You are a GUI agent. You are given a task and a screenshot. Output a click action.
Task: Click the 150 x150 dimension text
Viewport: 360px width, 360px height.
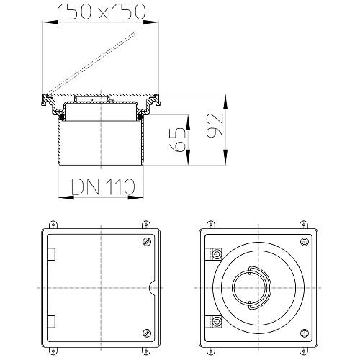[x=101, y=12]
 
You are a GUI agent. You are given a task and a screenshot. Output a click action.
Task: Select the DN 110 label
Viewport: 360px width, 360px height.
[x=103, y=186]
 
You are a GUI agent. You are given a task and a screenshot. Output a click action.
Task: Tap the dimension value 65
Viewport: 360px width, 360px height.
[x=177, y=140]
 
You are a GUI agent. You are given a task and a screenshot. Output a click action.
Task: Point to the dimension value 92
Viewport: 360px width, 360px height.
[x=215, y=125]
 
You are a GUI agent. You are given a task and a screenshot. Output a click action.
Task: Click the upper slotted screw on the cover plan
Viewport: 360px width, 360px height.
[x=146, y=241]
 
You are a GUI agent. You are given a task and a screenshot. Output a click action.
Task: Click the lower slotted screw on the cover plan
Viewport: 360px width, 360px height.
[x=146, y=333]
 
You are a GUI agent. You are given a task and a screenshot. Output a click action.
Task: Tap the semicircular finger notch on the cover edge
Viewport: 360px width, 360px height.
[x=151, y=287]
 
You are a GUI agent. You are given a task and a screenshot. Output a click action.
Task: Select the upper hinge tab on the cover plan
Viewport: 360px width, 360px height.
[x=51, y=254]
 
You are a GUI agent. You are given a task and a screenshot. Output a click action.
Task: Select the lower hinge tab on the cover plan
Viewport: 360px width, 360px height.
[x=51, y=322]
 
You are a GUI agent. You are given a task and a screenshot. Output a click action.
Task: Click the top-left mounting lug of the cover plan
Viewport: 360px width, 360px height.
[x=53, y=225]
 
